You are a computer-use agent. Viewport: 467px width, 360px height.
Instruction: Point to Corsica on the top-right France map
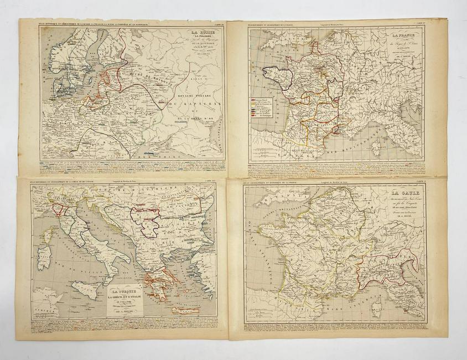[385, 145]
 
